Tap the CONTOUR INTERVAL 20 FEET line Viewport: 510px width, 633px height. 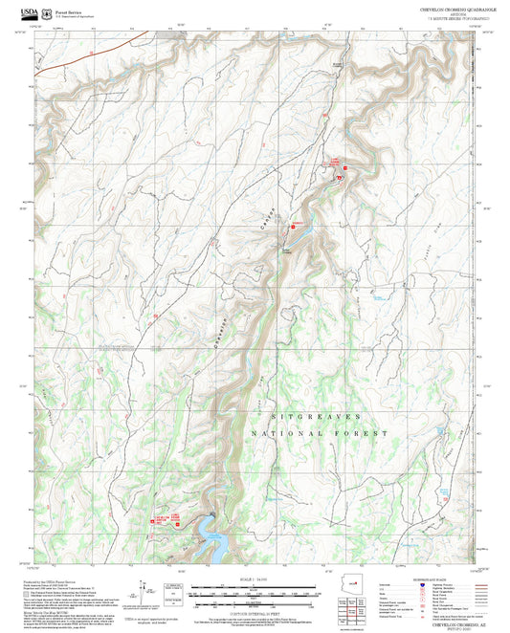coord(255,609)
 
